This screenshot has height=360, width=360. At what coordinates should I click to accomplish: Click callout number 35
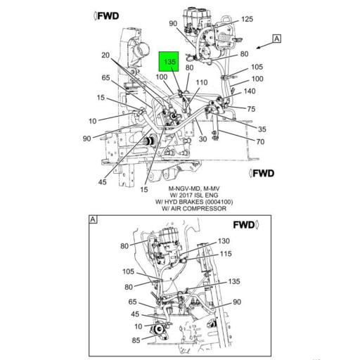[262, 129]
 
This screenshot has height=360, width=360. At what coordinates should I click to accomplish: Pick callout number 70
[259, 141]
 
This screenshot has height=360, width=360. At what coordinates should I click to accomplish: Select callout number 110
[202, 82]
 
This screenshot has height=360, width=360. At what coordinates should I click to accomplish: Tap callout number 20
[106, 56]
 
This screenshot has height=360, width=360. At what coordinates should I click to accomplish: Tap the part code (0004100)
[217, 202]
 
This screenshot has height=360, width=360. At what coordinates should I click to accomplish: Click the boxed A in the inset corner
[91, 220]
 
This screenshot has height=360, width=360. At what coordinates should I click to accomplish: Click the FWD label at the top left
[108, 15]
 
